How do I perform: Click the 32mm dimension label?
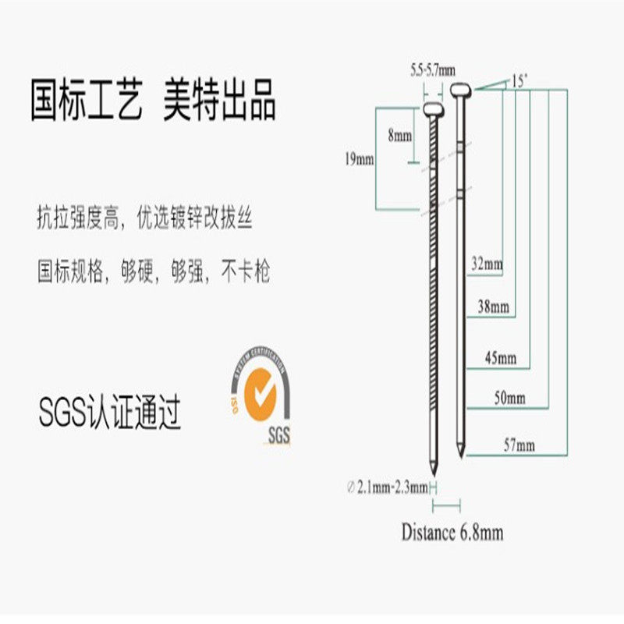pyautogui.click(x=487, y=264)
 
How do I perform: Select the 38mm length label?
pyautogui.click(x=493, y=307)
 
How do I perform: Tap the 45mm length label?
pyautogui.click(x=501, y=359)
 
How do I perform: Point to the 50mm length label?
pyautogui.click(x=510, y=399)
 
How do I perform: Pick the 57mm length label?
pyautogui.click(x=519, y=445)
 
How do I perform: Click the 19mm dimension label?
pyautogui.click(x=360, y=159)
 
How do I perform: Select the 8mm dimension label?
pyautogui.click(x=399, y=135)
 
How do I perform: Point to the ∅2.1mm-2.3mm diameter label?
pyautogui.click(x=388, y=487)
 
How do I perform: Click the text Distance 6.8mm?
pyautogui.click(x=452, y=533)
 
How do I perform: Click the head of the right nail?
pyautogui.click(x=462, y=92)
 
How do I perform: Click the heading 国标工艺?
pyautogui.click(x=87, y=101)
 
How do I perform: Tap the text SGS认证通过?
pyautogui.click(x=110, y=413)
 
